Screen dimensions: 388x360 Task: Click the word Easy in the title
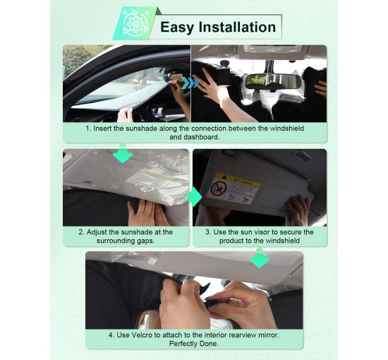[x=176, y=27]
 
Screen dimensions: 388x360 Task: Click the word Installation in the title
[x=237, y=27]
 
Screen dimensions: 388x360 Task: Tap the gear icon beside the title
[x=135, y=24]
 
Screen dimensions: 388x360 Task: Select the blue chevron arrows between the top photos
[x=190, y=83]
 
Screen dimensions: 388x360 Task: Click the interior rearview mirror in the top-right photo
[x=273, y=81]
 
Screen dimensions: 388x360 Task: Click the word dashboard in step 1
[x=194, y=137]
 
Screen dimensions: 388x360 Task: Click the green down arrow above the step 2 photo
[x=123, y=154]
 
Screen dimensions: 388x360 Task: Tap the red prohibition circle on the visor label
[x=219, y=188]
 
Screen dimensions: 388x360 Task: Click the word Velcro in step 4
[x=142, y=335]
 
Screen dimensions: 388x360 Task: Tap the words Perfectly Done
[x=194, y=344]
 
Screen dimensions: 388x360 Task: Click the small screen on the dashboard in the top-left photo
[x=157, y=111]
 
